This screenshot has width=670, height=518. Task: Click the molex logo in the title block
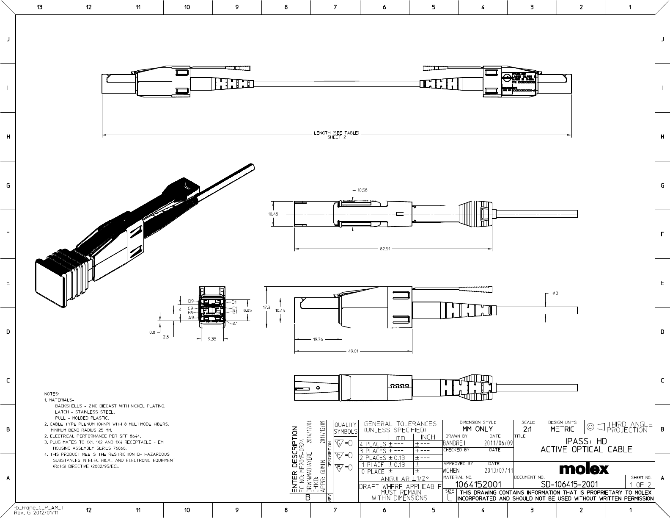[x=584, y=468]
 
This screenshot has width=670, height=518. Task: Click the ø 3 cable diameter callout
[x=555, y=294]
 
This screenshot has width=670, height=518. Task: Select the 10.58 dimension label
[x=362, y=190]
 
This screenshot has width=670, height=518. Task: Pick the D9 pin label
[x=191, y=301]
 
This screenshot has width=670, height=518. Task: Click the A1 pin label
[x=235, y=324]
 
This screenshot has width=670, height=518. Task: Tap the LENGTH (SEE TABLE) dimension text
[x=336, y=133]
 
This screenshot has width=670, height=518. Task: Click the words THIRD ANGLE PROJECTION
[x=629, y=427]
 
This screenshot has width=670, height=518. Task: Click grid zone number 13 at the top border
[x=40, y=7]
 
